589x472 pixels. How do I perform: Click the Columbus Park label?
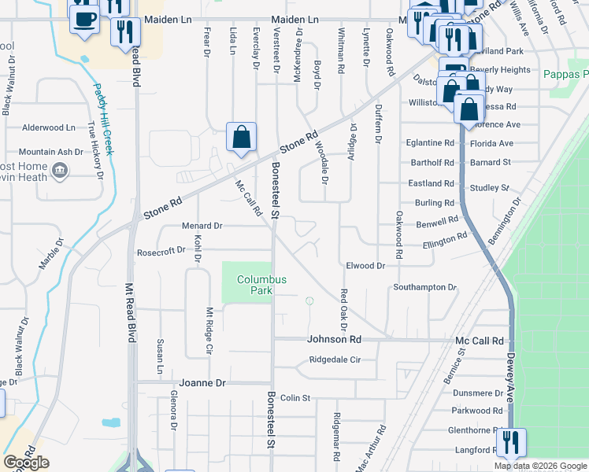pos(262,285)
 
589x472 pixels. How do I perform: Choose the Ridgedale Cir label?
pos(335,360)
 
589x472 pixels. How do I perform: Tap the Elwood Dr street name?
pos(365,266)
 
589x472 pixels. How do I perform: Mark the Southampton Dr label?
pos(425,287)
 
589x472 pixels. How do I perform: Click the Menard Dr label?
pos(202,226)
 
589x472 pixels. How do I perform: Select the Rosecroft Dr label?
pos(161,251)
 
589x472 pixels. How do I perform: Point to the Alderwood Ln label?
pos(49,127)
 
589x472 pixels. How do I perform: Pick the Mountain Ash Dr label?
pos(50,152)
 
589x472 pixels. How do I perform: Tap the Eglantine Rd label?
pos(431,143)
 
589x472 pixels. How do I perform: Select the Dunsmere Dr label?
pos(478,393)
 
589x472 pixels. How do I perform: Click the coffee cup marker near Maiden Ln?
pos(84,17)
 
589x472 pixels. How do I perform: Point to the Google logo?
pos(26,463)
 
